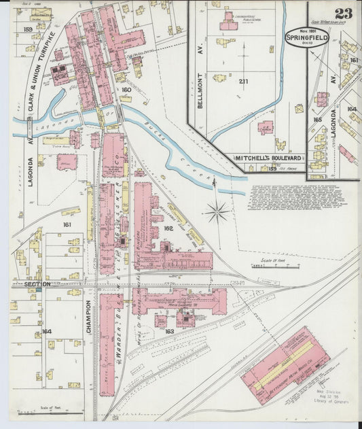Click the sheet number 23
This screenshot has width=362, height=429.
point(343,13)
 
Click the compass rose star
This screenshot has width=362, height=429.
point(217,212)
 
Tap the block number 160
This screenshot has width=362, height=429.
point(126,90)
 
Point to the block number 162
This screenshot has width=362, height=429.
point(168,228)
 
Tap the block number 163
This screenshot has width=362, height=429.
point(169,332)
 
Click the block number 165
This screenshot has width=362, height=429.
point(317,120)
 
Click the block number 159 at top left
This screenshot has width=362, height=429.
point(27,29)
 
